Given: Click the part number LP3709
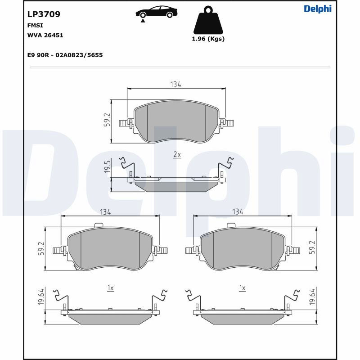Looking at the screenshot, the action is pyautogui.click(x=44, y=14).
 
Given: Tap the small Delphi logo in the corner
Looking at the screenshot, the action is pyautogui.click(x=318, y=9).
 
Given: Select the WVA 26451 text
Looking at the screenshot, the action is pyautogui.click(x=45, y=35).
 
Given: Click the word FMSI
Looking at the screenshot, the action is pyautogui.click(x=35, y=25).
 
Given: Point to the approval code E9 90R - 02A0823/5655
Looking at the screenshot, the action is pyautogui.click(x=65, y=55).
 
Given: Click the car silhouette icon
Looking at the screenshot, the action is pyautogui.click(x=156, y=12).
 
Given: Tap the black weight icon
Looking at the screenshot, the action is pyautogui.click(x=208, y=20).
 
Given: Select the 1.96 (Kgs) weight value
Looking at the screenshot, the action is pyautogui.click(x=208, y=39).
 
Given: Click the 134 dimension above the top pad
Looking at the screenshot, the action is pyautogui.click(x=175, y=85).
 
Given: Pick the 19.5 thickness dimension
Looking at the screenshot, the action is pyautogui.click(x=108, y=166).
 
